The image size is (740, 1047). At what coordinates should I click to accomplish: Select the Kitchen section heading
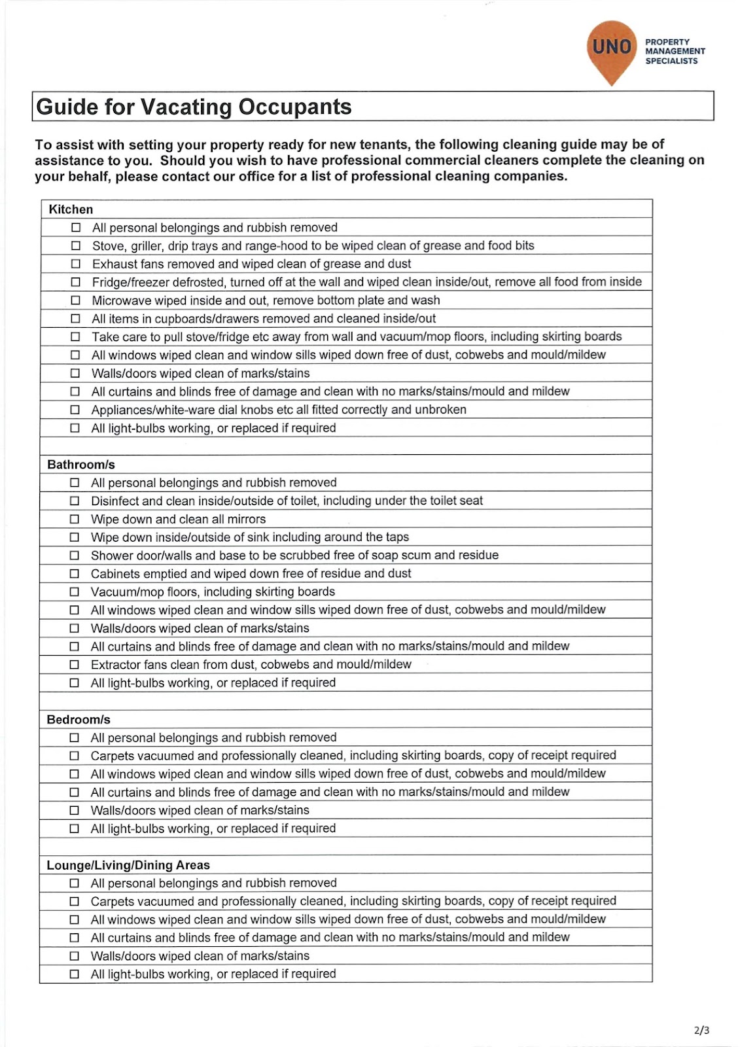pyautogui.click(x=71, y=209)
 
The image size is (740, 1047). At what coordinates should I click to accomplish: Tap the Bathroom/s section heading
pyautogui.click(x=81, y=465)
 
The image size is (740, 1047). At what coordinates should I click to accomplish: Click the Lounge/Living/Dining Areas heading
pyautogui.click(x=128, y=865)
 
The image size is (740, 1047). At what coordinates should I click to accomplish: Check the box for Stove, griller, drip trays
pyautogui.click(x=76, y=246)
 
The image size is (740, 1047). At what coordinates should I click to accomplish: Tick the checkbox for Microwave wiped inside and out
pyautogui.click(x=76, y=300)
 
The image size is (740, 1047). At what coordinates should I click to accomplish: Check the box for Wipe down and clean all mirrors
pyautogui.click(x=75, y=519)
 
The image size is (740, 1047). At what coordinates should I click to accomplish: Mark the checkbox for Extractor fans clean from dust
pyautogui.click(x=75, y=665)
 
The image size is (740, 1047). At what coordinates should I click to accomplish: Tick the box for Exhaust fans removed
pyautogui.click(x=76, y=264)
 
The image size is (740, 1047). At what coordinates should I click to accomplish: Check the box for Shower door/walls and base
pyautogui.click(x=75, y=556)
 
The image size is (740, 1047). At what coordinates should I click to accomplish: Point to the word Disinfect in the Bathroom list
pyautogui.click(x=115, y=501)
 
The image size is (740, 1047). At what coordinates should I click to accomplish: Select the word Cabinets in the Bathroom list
pyautogui.click(x=115, y=574)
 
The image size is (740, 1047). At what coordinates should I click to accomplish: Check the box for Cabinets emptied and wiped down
pyautogui.click(x=75, y=574)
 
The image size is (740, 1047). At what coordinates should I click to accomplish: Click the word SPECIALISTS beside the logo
pyautogui.click(x=671, y=61)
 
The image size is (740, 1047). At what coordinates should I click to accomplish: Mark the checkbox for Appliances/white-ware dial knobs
pyautogui.click(x=76, y=410)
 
